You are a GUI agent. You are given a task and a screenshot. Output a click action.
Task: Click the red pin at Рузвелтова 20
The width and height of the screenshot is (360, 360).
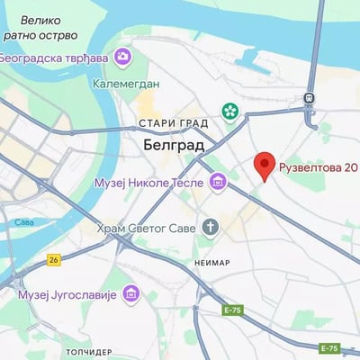coord(264,165)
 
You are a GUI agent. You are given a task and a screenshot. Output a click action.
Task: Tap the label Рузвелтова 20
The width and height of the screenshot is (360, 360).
coord(319,166)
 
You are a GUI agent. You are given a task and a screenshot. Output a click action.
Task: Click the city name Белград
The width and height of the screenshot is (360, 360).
coord(174,144)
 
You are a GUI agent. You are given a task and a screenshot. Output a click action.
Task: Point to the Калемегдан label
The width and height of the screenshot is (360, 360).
coord(126,84)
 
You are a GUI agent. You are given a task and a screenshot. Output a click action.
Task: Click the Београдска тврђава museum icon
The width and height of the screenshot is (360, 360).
coord(122,58)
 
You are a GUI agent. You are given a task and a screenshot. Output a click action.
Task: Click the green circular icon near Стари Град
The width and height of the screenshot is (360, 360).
coord(231,112)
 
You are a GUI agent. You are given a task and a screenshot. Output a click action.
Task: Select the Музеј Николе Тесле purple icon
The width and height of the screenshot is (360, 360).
coord(217,184)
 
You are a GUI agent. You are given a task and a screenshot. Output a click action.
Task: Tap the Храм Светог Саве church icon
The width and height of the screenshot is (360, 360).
coord(211,227)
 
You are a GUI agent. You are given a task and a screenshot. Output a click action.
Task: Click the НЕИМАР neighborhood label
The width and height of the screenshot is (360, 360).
coord(211,263)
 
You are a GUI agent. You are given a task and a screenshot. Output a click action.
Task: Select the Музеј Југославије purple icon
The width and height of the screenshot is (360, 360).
coord(131,294)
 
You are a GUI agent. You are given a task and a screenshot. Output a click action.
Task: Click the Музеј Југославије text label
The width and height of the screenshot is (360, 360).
coord(68,294)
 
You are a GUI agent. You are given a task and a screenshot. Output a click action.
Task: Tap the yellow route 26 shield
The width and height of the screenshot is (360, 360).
coord(54,259)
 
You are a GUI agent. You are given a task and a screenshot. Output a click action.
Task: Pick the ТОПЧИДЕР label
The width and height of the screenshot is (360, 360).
coord(88,349)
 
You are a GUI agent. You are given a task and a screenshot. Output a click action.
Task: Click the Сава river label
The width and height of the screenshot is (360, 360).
coord(23,221)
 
